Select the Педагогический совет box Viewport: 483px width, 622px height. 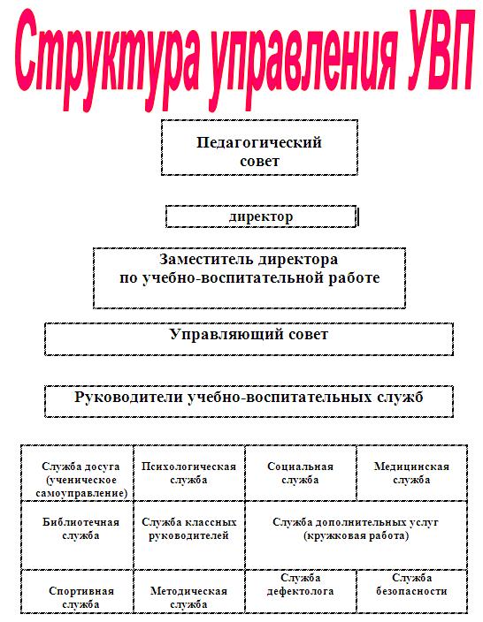pyautogui.click(x=259, y=148)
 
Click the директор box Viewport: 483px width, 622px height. pyautogui.click(x=261, y=216)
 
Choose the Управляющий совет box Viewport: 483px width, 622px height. pyautogui.click(x=249, y=339)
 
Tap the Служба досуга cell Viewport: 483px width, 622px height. pyautogui.click(x=77, y=473)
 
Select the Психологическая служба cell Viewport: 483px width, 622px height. pyautogui.click(x=189, y=473)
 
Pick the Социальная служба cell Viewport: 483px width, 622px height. pyautogui.click(x=301, y=473)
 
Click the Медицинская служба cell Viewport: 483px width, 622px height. pyautogui.click(x=412, y=473)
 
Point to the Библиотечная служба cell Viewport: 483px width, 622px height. pyautogui.click(x=77, y=535)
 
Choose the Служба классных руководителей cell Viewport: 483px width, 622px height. pyautogui.click(x=189, y=535)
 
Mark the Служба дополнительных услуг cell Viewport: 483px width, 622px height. pyautogui.click(x=356, y=535)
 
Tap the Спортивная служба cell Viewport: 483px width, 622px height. pyautogui.click(x=77, y=591)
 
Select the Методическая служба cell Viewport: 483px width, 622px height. pyautogui.click(x=189, y=591)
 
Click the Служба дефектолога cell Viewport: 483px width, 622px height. pyautogui.click(x=301, y=591)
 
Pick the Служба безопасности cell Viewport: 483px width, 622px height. pyautogui.click(x=412, y=591)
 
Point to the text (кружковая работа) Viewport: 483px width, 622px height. pyautogui.click(x=356, y=536)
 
